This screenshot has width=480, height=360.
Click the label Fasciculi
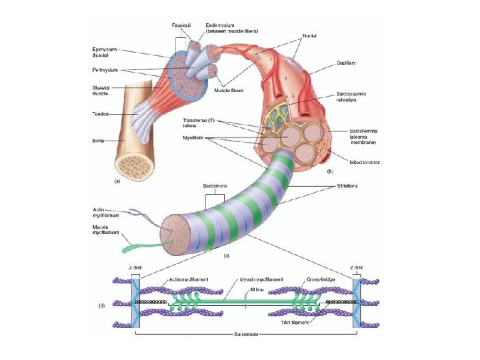point(183,25)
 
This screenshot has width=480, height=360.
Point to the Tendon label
point(100,113)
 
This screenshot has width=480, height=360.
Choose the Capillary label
point(346,63)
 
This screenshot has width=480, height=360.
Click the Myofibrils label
point(193,138)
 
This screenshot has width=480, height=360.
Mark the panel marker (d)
point(101,305)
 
